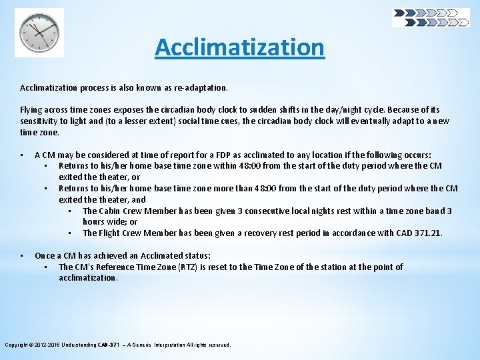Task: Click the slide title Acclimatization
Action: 239,47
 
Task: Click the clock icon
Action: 39,33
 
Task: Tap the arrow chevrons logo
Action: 431,17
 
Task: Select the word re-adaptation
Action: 199,87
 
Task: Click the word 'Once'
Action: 45,256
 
